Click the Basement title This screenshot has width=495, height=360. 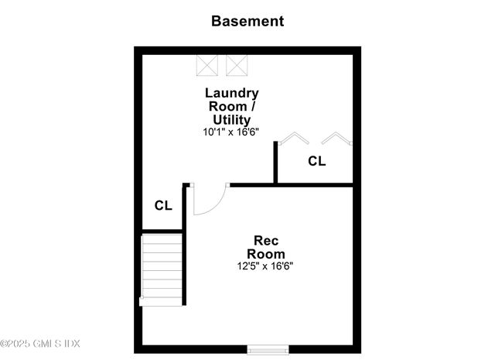(x=247, y=21)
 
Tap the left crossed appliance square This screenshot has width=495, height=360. (x=207, y=66)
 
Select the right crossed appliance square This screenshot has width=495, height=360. (x=237, y=66)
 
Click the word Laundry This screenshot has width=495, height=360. (x=232, y=94)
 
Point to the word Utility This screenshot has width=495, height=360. (x=232, y=120)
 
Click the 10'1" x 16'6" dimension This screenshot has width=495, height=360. (x=230, y=132)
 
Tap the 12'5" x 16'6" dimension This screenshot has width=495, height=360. (x=265, y=266)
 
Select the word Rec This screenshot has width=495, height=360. (x=266, y=241)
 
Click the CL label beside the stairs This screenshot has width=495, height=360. (x=163, y=205)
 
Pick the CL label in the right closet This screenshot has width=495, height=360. (x=316, y=161)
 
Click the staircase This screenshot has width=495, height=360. (x=162, y=270)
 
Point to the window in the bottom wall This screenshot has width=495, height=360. (x=268, y=350)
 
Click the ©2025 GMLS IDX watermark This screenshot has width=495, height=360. (x=39, y=344)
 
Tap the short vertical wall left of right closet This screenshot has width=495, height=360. (x=275, y=162)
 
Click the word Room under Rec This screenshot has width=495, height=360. (x=266, y=254)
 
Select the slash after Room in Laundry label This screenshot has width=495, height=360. (x=253, y=106)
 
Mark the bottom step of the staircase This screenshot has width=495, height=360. (x=161, y=301)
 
